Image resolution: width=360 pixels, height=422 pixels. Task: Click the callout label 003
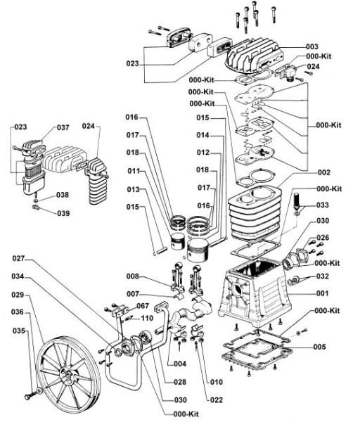pyautogui.click(x=312, y=47)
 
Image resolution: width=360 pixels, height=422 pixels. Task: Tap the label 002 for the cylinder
pyautogui.click(x=323, y=172)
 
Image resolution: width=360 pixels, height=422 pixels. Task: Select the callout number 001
pyautogui.click(x=322, y=293)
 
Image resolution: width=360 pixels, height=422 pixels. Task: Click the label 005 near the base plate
pyautogui.click(x=319, y=347)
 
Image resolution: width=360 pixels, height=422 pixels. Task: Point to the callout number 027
pyautogui.click(x=18, y=258)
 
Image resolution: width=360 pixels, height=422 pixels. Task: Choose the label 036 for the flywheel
pyautogui.click(x=17, y=312)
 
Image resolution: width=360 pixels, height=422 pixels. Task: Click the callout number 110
pyautogui.click(x=147, y=319)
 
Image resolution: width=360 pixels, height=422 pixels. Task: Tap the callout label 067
pyautogui.click(x=143, y=306)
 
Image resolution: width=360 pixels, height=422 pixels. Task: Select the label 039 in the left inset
pyautogui.click(x=63, y=213)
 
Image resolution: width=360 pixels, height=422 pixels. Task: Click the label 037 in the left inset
pyautogui.click(x=63, y=127)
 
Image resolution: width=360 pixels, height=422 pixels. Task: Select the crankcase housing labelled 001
pyautogui.click(x=255, y=292)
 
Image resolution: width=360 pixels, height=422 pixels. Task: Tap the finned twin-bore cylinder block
pyautogui.click(x=255, y=212)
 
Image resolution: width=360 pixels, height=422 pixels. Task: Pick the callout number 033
pyautogui.click(x=322, y=205)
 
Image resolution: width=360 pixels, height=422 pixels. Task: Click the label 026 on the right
pyautogui.click(x=323, y=238)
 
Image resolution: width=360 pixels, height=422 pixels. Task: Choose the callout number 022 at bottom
pyautogui.click(x=217, y=400)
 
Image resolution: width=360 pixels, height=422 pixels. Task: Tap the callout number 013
pyautogui.click(x=134, y=189)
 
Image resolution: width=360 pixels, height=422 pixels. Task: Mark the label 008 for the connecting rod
pyautogui.click(x=133, y=276)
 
